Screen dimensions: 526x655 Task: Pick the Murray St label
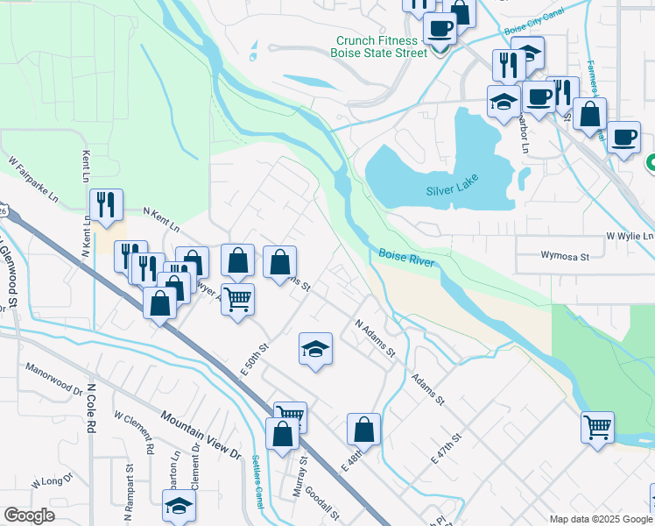(299, 476)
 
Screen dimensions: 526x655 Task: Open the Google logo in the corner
(29, 515)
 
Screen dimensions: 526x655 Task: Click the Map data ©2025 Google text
(601, 519)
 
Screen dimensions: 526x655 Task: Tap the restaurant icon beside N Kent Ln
(106, 205)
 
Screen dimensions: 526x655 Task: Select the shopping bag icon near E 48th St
(363, 430)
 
